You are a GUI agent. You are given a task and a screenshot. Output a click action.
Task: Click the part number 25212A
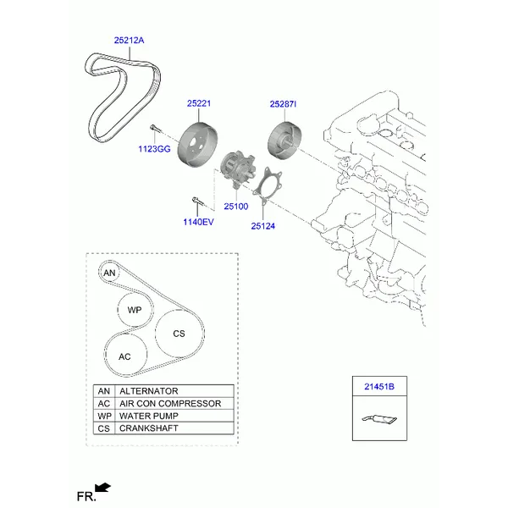[129, 41]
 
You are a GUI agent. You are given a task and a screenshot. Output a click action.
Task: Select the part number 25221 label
[199, 103]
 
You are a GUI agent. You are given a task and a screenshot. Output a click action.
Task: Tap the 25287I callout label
[283, 104]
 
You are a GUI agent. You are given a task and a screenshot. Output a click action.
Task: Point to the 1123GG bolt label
[154, 149]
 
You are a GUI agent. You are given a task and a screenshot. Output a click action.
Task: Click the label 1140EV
[198, 222]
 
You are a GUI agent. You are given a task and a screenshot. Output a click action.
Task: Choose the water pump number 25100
[236, 207]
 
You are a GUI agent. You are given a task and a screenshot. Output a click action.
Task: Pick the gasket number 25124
[262, 226]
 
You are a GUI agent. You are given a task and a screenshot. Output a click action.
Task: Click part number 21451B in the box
[379, 387]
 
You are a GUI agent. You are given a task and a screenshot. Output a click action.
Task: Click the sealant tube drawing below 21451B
[379, 419]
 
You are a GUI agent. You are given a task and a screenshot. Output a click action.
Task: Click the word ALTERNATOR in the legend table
[149, 391]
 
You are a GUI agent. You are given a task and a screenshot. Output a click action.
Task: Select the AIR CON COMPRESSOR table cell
[174, 403]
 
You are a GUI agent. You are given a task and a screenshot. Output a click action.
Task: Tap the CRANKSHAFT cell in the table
[174, 428]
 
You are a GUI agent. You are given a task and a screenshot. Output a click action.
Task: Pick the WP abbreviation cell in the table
[104, 416]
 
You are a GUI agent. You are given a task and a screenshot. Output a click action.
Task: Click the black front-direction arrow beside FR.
[102, 489]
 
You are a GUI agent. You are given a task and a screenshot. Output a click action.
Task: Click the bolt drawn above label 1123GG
[154, 128]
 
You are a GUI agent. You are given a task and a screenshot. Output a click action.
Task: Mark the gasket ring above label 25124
[268, 185]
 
